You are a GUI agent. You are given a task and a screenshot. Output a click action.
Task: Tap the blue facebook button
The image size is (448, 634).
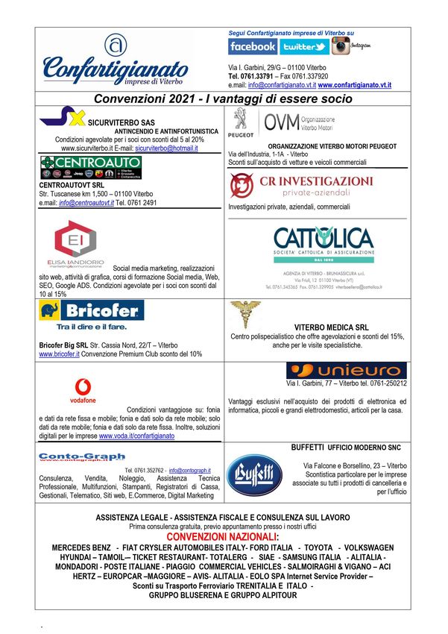(x=253, y=46)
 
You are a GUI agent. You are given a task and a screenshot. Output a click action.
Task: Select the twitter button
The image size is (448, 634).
(x=304, y=46)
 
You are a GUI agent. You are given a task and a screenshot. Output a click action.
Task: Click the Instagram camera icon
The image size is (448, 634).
(x=341, y=45)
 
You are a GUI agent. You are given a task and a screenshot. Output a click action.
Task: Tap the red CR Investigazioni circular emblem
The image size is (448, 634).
(x=241, y=184)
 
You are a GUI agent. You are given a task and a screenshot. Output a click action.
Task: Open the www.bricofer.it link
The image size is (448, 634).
(x=59, y=354)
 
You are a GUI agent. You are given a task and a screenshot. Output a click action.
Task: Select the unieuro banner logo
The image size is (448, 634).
(x=346, y=371)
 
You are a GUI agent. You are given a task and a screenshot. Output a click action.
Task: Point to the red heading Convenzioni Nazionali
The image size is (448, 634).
(x=223, y=537)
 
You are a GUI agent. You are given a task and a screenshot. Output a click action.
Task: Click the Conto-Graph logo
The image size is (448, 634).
(x=72, y=457)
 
